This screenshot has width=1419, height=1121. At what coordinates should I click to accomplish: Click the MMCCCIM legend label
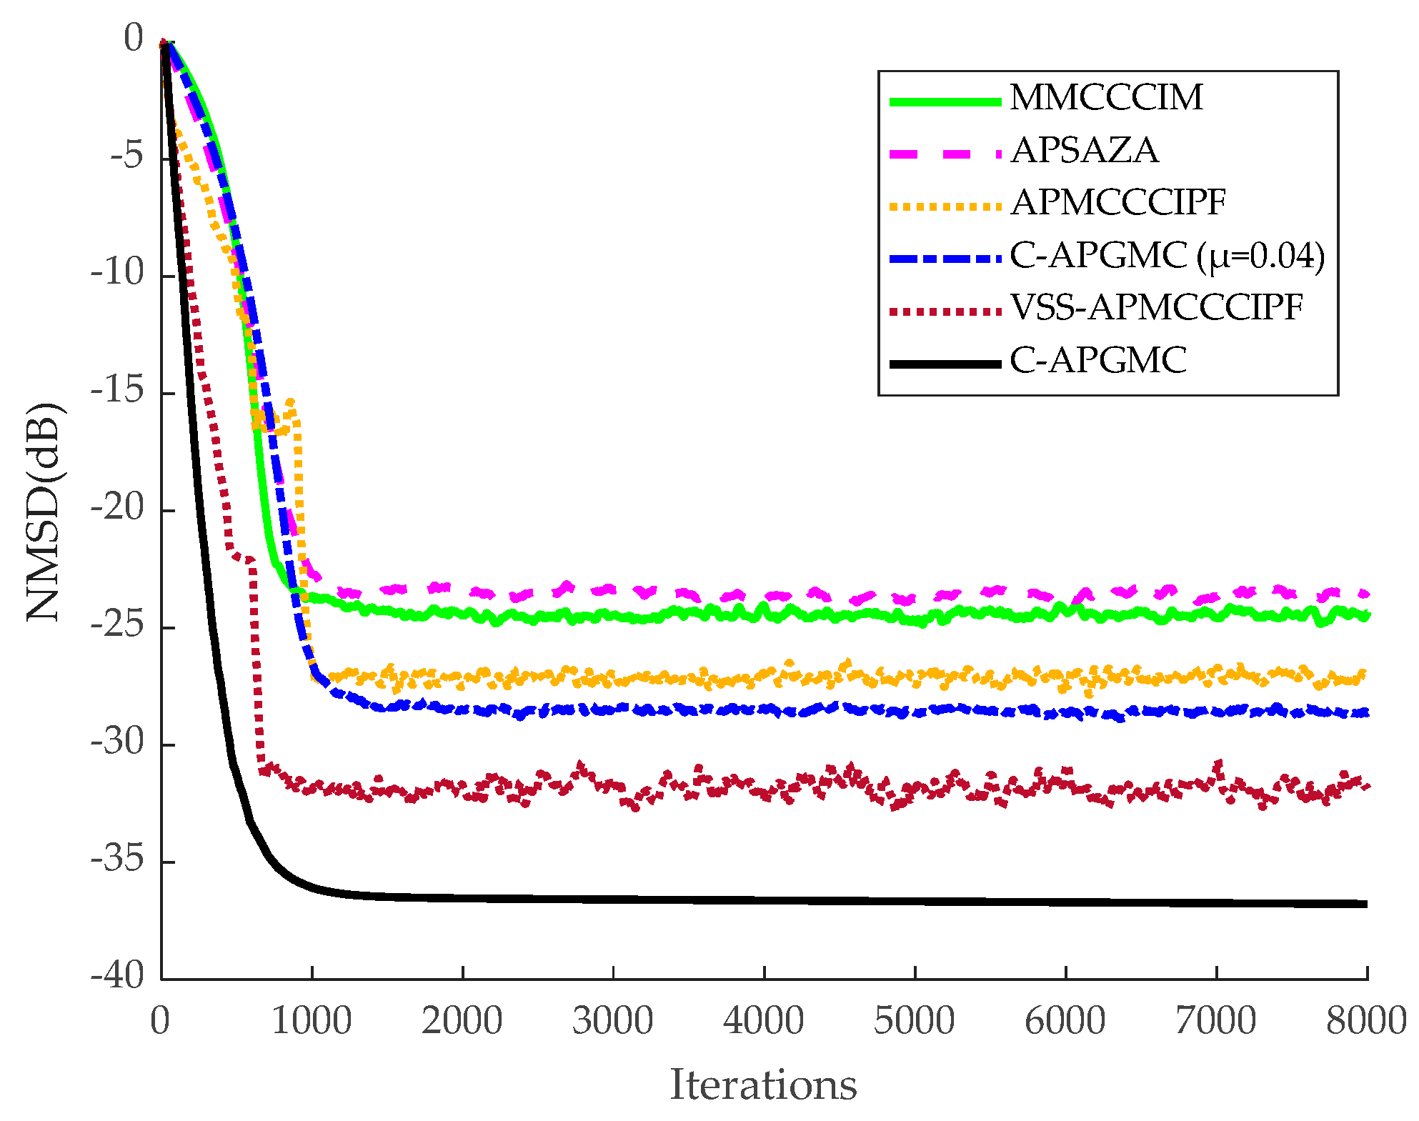point(1106,98)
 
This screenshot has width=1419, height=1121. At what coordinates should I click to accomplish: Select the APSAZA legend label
point(1085,151)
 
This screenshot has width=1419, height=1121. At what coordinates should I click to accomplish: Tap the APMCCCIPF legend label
point(1119,203)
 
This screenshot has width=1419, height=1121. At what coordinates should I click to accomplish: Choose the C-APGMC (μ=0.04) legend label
point(1167,256)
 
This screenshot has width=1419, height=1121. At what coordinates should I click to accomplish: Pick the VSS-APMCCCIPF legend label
point(1157,308)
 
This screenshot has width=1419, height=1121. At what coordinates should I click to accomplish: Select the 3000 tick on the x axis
point(613,1021)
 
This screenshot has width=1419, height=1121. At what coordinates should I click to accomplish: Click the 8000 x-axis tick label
point(1366,1021)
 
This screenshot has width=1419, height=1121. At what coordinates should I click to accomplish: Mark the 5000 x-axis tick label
point(915,1021)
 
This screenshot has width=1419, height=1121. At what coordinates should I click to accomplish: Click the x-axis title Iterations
point(763,1085)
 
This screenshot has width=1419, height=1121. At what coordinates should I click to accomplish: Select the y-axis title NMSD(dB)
point(44,512)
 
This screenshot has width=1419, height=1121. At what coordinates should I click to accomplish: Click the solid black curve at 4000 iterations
point(764,900)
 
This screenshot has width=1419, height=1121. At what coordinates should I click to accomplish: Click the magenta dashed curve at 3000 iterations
point(613,589)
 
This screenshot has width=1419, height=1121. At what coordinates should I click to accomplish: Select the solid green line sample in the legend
point(945,102)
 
